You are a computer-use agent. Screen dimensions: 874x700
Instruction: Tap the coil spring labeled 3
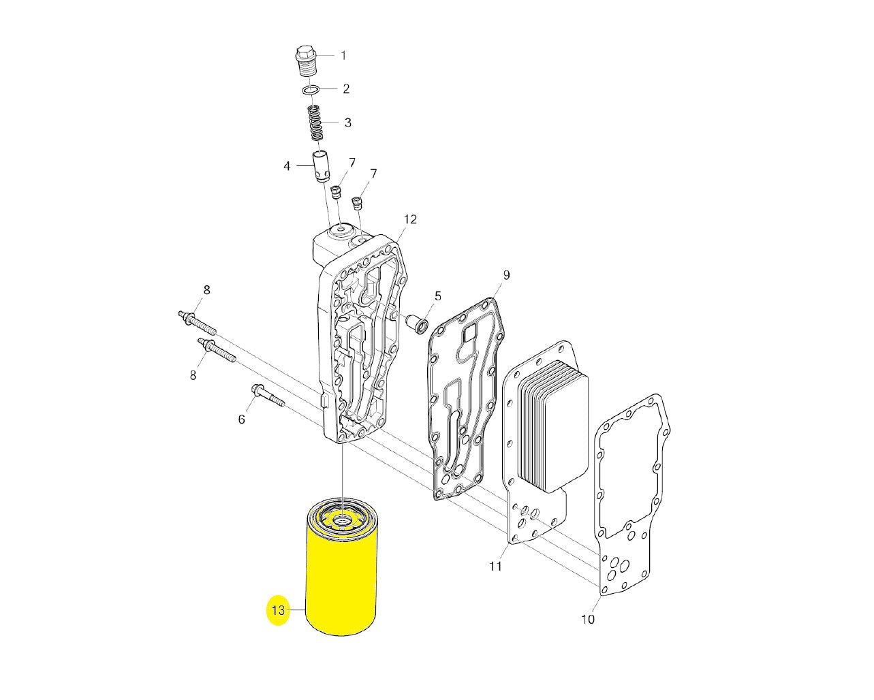(x=315, y=123)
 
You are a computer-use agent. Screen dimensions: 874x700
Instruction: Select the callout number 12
(x=411, y=219)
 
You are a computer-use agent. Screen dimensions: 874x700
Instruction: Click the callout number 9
(x=506, y=275)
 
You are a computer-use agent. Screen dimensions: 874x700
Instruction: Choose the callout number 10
(x=588, y=619)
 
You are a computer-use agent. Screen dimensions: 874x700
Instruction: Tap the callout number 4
(x=287, y=166)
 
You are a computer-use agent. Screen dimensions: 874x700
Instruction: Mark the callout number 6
(x=242, y=419)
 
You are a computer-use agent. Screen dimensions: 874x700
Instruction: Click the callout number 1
(x=343, y=56)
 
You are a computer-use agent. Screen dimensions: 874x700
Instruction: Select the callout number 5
(x=438, y=296)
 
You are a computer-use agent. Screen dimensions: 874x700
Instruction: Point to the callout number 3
(x=347, y=123)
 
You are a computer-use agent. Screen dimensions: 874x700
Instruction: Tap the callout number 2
(x=346, y=89)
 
